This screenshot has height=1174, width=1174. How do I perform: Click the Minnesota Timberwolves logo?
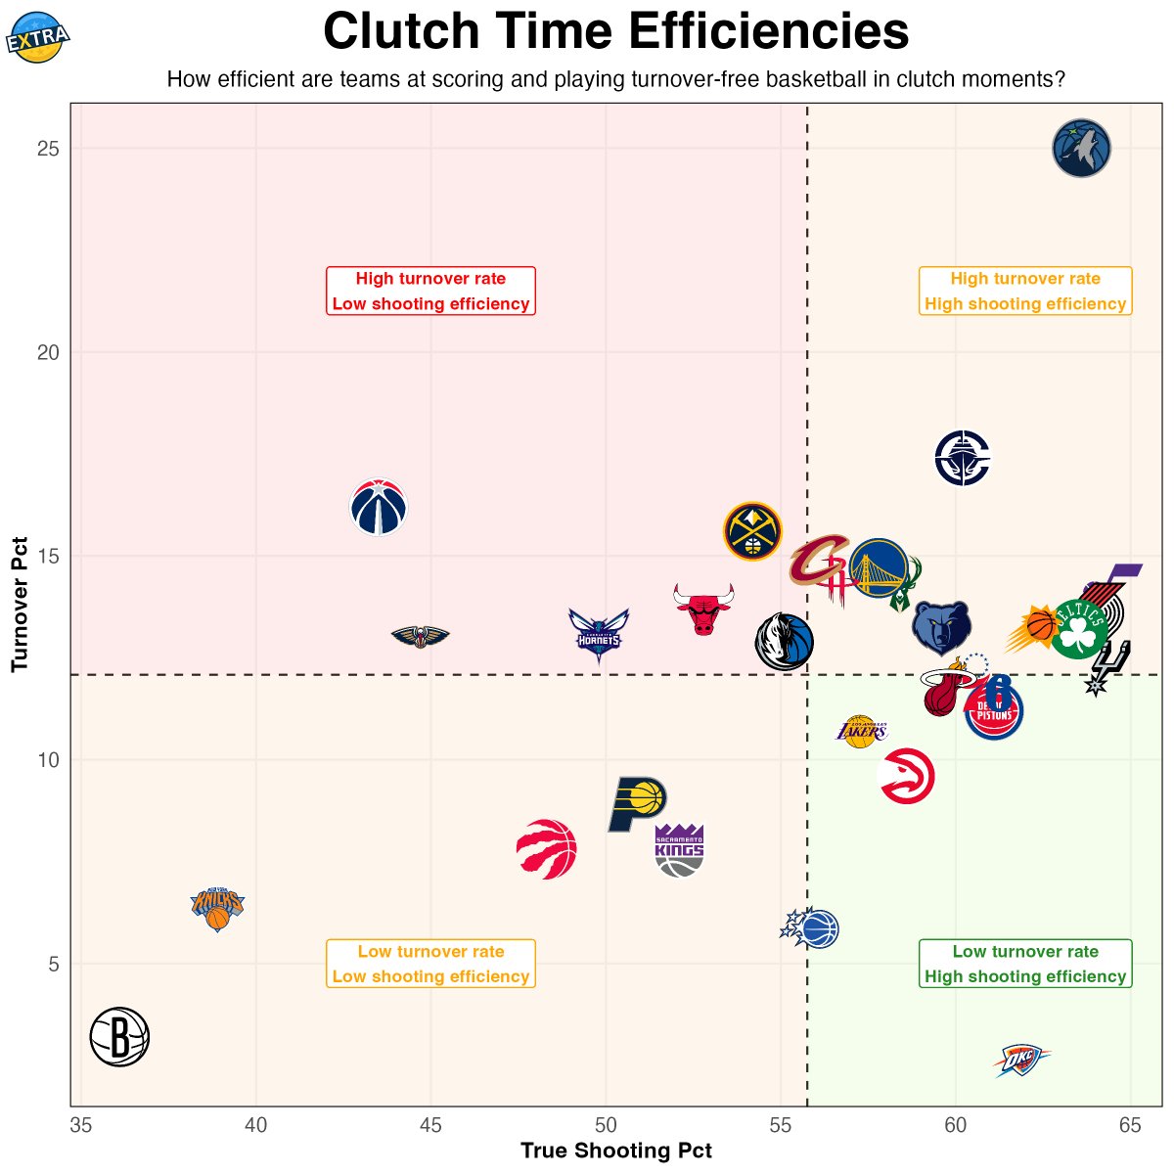pos(1081,149)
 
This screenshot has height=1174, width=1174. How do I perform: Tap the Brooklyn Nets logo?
pos(119,1037)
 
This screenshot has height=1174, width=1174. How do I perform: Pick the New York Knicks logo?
pos(217,909)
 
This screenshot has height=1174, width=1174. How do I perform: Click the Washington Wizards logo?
pos(379,508)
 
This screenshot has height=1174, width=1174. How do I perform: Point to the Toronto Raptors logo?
pos(546,849)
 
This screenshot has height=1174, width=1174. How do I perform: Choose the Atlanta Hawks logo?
pos(907,777)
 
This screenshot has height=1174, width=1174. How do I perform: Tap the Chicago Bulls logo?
pos(703,610)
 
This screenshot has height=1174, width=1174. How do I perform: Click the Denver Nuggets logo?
pos(752,531)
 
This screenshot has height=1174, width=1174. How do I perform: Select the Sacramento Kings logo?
pos(680,848)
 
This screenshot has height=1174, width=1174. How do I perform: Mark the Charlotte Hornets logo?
pos(599,636)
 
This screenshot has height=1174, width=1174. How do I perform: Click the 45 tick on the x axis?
pos(430,1126)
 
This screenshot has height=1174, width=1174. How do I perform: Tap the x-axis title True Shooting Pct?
pos(616,1151)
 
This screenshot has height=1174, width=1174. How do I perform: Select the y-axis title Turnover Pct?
pos(19,604)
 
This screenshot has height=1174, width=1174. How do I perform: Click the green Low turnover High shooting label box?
pos(1025,964)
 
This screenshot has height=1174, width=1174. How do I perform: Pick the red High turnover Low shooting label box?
pos(430,291)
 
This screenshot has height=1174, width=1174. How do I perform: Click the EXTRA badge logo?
pos(38,36)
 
